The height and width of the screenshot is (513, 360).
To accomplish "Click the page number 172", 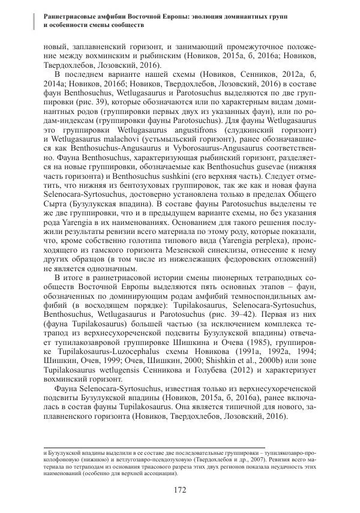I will tap(179, 490).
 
